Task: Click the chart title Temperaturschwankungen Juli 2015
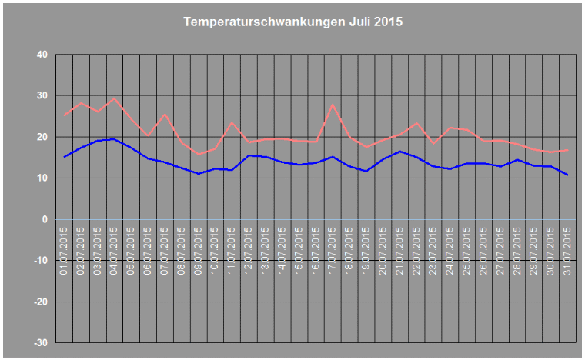coord(292,22)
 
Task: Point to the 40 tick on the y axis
coord(41,55)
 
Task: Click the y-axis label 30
coord(41,96)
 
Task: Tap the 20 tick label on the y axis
coord(41,137)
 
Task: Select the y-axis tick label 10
coord(41,178)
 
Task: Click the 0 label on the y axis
coord(44,219)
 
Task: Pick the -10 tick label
coord(39,261)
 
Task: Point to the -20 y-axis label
coord(39,302)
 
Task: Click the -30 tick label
coord(39,342)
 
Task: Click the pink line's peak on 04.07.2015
coord(114,98)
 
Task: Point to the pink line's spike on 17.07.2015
coord(333,105)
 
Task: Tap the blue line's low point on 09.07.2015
coord(198,174)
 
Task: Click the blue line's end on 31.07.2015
coord(567,175)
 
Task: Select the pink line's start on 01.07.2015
coord(64,116)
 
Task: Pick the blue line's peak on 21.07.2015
coord(399,152)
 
